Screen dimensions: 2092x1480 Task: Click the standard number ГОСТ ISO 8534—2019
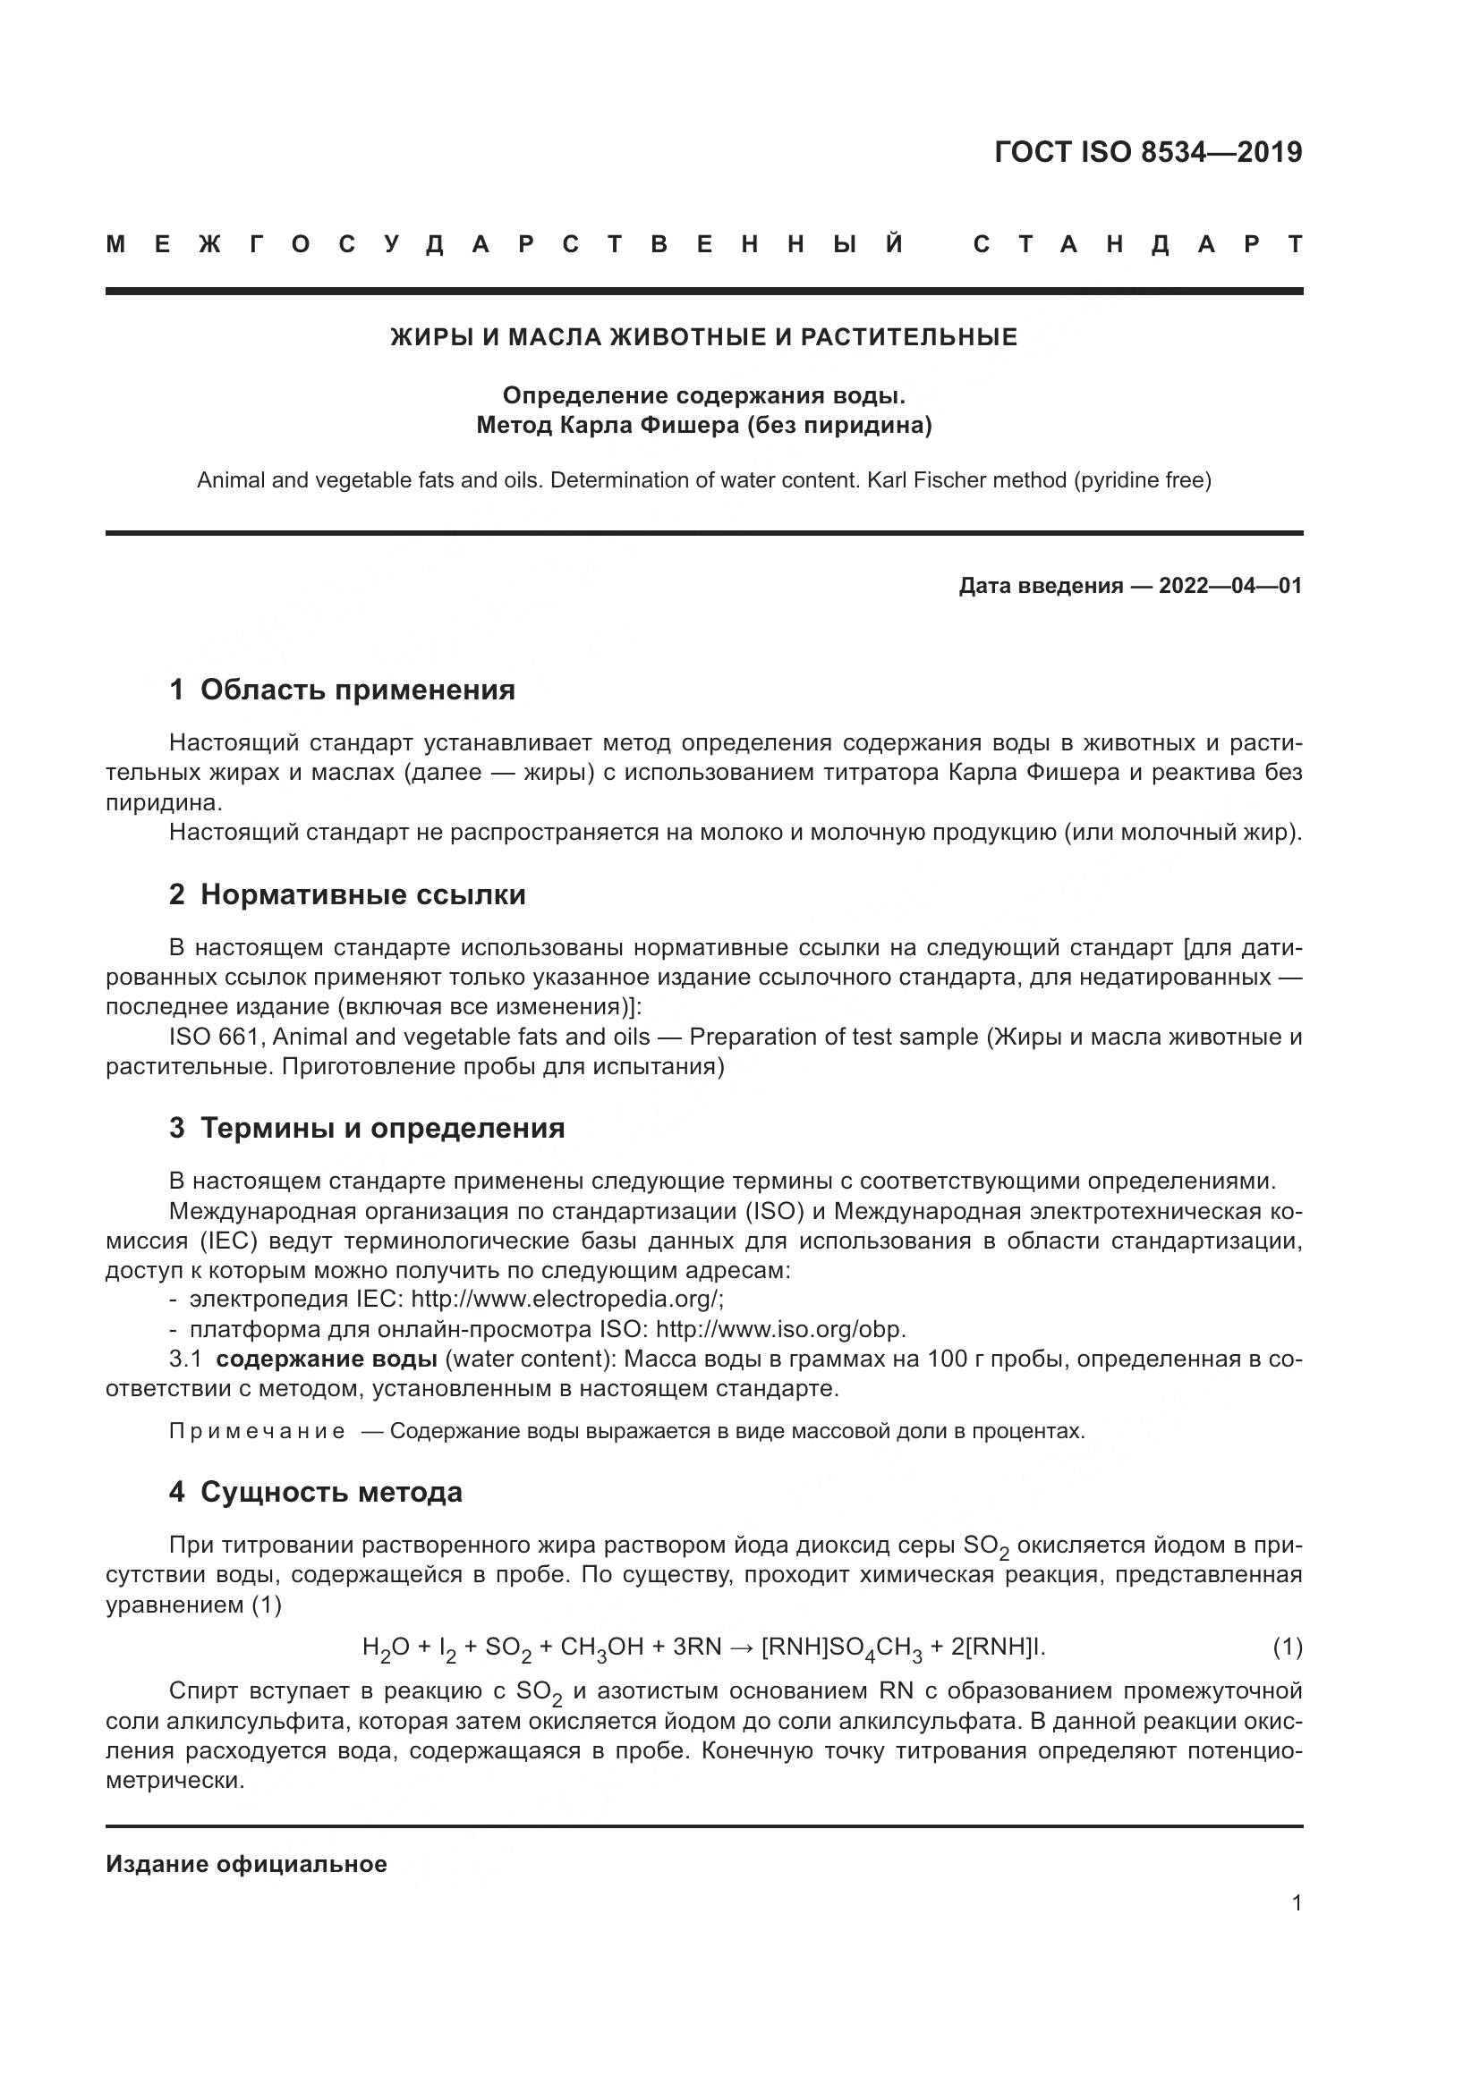1147,152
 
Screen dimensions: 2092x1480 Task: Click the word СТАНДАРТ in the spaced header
1138,244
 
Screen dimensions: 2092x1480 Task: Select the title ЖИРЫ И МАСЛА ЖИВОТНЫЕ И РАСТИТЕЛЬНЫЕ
703,337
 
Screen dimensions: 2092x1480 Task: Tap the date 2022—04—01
1230,586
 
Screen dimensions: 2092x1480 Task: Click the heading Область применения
357,690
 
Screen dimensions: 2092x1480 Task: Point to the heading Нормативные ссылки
362,894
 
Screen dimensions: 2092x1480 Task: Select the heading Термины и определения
382,1128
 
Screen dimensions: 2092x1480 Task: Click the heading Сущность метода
331,1492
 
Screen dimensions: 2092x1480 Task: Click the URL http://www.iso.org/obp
780,1328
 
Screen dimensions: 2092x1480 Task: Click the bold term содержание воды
327,1359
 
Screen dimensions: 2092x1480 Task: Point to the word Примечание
257,1431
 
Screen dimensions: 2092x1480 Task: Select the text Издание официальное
246,1864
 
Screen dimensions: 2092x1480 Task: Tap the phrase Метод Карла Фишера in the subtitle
607,426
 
